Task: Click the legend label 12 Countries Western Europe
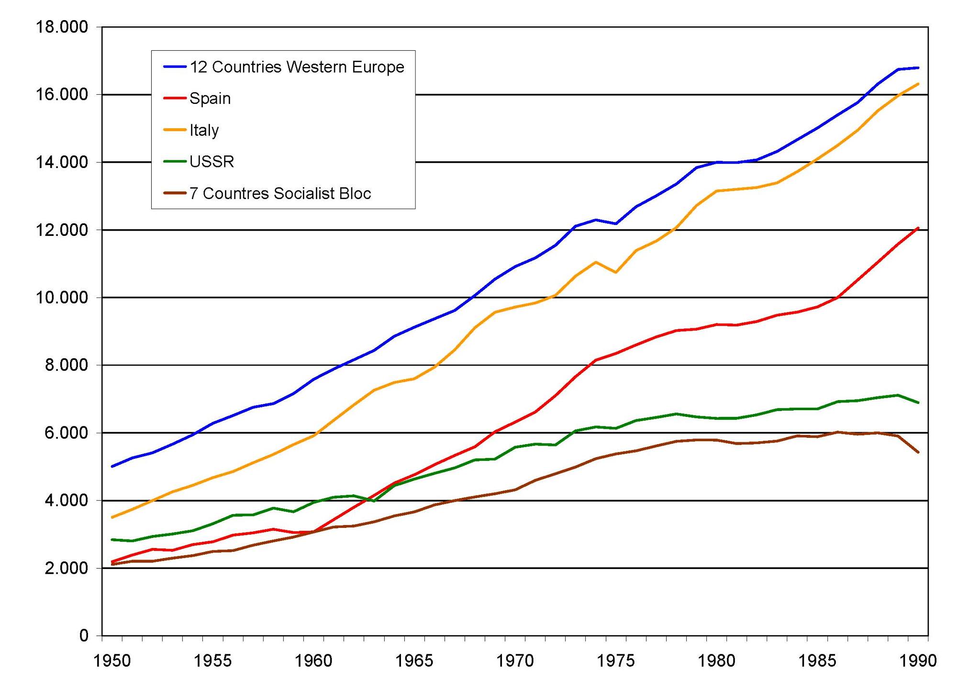[x=297, y=67]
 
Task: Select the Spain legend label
[x=210, y=99]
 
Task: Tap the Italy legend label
[x=204, y=130]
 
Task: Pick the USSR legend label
[x=212, y=162]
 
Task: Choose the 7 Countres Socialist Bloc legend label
[x=280, y=193]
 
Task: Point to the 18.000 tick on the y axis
[x=62, y=27]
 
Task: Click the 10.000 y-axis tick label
[x=62, y=298]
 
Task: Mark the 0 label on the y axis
[x=84, y=636]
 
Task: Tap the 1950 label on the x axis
[x=112, y=661]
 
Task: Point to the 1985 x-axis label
[x=817, y=661]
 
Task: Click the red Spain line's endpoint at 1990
[x=918, y=228]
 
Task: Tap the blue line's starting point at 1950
[x=112, y=466]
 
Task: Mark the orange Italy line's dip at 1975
[x=616, y=272]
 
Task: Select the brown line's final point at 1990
[x=918, y=452]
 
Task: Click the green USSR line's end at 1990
[x=918, y=402]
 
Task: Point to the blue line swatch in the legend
[x=175, y=67]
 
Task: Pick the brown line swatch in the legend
[x=175, y=193]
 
